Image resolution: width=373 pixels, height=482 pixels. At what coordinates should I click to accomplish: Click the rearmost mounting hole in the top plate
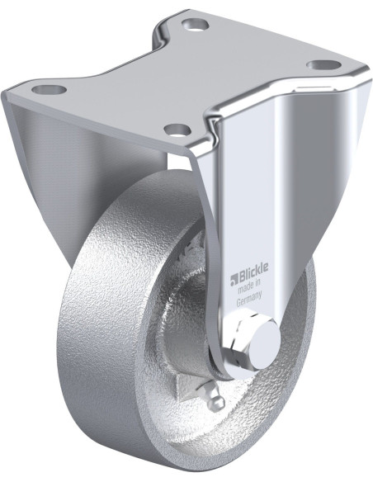[x=195, y=24]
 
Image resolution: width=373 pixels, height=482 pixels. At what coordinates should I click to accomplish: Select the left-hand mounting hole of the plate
[x=50, y=90]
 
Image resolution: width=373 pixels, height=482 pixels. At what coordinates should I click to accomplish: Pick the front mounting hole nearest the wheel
[x=178, y=129]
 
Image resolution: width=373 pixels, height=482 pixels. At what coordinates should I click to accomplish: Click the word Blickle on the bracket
[x=253, y=269]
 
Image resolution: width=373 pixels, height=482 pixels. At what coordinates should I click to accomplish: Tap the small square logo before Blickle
[x=234, y=278]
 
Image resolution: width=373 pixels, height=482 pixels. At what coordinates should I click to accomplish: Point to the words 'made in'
[x=249, y=285]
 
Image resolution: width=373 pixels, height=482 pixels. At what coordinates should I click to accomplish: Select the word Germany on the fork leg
[x=249, y=296]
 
